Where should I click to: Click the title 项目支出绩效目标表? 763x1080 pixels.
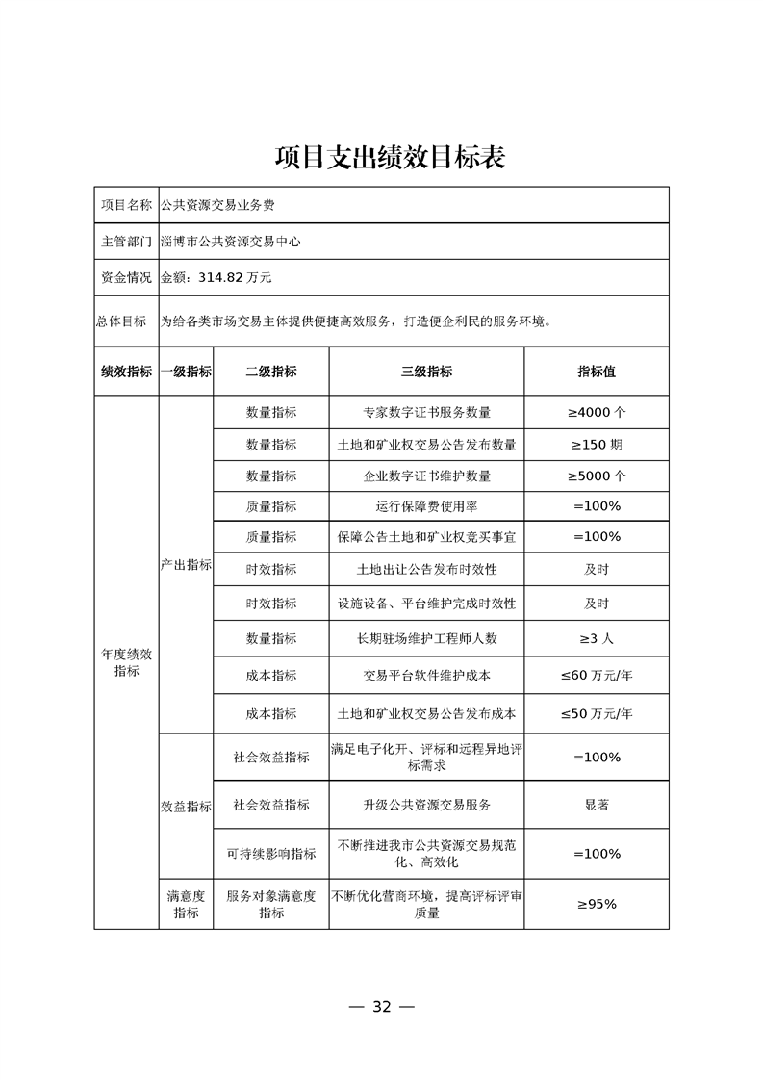[x=381, y=157]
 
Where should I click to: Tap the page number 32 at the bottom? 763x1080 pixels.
[x=381, y=1007]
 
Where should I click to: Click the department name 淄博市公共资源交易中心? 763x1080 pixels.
[x=231, y=242]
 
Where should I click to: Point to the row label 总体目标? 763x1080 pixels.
[x=126, y=321]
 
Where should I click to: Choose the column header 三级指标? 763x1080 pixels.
[x=426, y=372]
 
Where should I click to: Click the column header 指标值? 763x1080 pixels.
[x=596, y=372]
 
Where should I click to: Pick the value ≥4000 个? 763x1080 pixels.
[x=596, y=412]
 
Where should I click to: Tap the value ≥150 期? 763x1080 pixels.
[x=596, y=445]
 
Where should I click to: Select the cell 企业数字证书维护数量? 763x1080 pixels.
[x=426, y=476]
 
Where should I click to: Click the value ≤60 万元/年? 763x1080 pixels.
[x=596, y=676]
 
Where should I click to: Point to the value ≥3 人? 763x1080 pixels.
[x=596, y=638]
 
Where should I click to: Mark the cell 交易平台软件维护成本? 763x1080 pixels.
[x=426, y=676]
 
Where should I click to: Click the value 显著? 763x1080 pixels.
[x=596, y=805]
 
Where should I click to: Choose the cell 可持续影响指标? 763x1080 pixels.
[x=270, y=854]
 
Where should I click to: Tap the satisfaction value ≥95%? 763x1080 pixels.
[x=596, y=904]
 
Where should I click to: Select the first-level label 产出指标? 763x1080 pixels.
[x=186, y=565]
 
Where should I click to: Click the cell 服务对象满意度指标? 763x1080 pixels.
[x=270, y=904]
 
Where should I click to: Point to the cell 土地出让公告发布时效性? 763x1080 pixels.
[x=426, y=569]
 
